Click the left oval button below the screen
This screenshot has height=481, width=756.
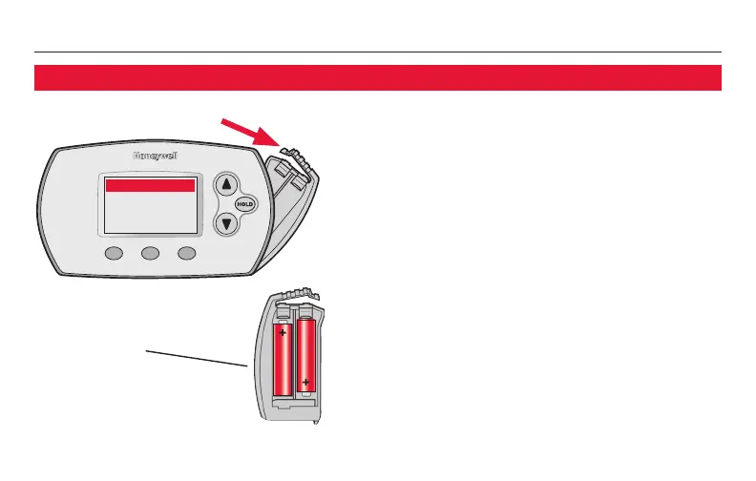[x=115, y=253]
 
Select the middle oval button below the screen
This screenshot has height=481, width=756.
[x=151, y=253]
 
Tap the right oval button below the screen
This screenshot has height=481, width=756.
[x=187, y=253]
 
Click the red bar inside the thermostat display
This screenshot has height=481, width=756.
[x=150, y=186]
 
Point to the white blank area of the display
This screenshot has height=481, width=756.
[x=150, y=215]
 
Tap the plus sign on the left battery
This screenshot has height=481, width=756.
[x=283, y=333]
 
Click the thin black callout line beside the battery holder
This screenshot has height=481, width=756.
[x=196, y=357]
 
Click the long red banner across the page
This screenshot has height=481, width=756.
[x=377, y=77]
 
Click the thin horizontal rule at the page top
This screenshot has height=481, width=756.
[x=377, y=52]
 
